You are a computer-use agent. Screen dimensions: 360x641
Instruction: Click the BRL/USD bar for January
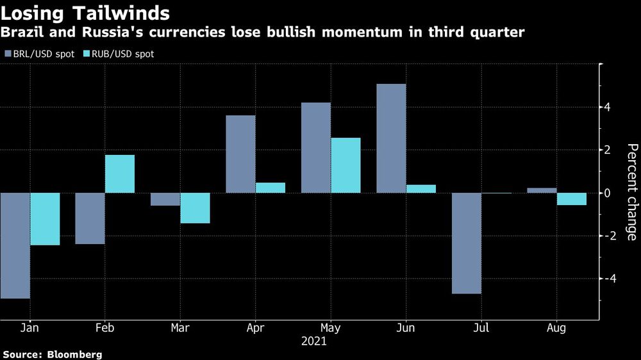(x=15, y=245)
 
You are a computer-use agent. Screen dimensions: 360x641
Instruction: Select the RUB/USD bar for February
(x=120, y=174)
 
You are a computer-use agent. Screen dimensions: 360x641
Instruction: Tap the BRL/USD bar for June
(x=391, y=138)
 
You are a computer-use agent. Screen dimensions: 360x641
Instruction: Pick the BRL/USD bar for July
(x=466, y=243)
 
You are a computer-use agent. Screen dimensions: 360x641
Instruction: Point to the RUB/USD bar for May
(x=345, y=165)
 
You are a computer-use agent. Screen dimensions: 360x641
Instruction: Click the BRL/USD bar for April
(x=240, y=154)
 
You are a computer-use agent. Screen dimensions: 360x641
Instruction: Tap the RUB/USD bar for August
(x=571, y=199)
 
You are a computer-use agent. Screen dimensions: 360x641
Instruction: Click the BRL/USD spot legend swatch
(x=8, y=54)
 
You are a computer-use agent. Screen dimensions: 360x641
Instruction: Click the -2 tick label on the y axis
(x=612, y=236)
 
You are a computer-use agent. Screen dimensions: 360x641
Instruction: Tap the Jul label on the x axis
(x=481, y=328)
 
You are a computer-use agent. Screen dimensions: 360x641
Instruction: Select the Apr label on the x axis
(x=255, y=328)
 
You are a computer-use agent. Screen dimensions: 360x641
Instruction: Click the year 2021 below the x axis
(x=314, y=341)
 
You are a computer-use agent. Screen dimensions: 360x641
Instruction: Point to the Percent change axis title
(x=632, y=192)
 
